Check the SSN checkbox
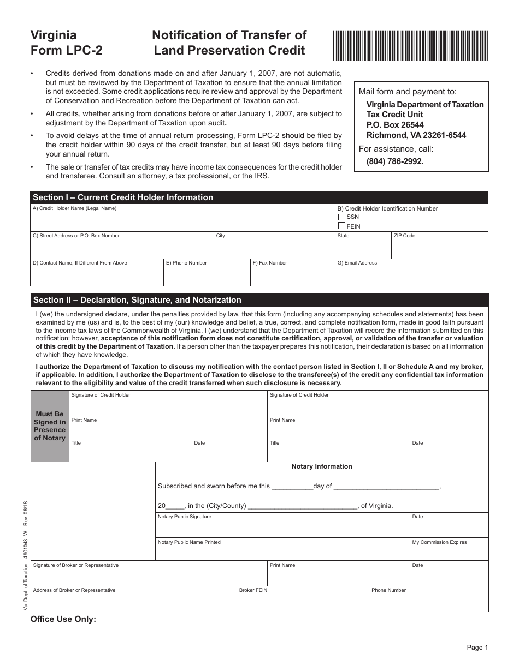pos(341,217)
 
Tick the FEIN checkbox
pos(341,226)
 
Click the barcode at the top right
pos(410,45)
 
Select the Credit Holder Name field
pos(182,221)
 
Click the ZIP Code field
pos(439,249)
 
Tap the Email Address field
pos(411,275)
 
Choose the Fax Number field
pos(292,275)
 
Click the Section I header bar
pos(259,197)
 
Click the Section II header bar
pos(259,300)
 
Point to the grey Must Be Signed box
pos(50,426)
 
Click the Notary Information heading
pos(322,466)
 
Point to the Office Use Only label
pos(63,619)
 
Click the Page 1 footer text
pos(477,648)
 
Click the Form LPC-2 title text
pos(66,50)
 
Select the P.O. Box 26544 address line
pos(395,125)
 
